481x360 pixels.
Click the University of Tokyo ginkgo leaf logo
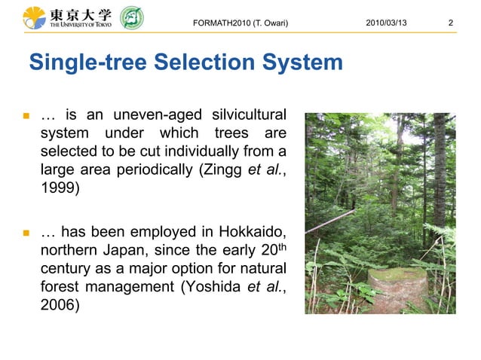coord(34,17)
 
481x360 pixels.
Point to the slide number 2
coord(450,23)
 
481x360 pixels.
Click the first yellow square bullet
coord(25,117)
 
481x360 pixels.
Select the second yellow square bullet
coord(25,233)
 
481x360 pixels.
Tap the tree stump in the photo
coord(397,289)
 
